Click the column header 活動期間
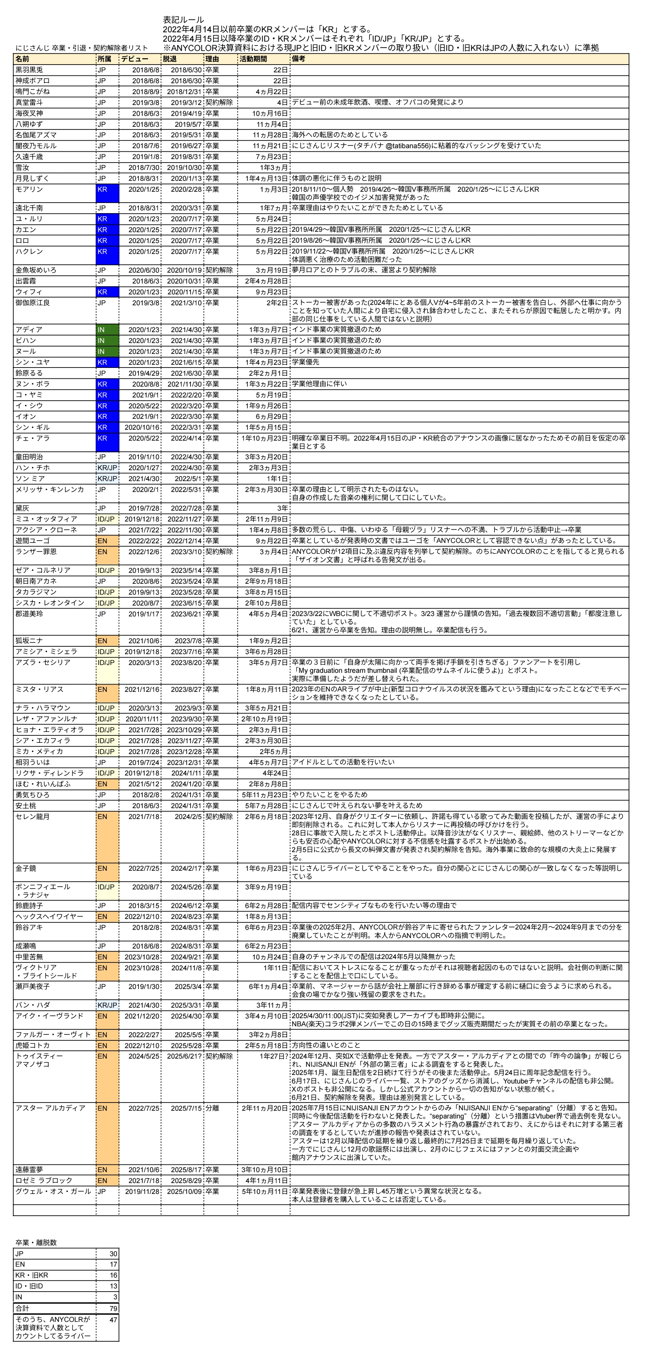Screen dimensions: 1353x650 [253, 59]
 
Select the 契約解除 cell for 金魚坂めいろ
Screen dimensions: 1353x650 [219, 270]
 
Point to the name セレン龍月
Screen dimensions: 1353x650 [33, 817]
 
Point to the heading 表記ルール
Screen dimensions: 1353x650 [183, 20]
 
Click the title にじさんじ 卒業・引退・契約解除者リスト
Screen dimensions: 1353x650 [81, 48]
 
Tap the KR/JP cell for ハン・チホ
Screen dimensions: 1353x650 [107, 468]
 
